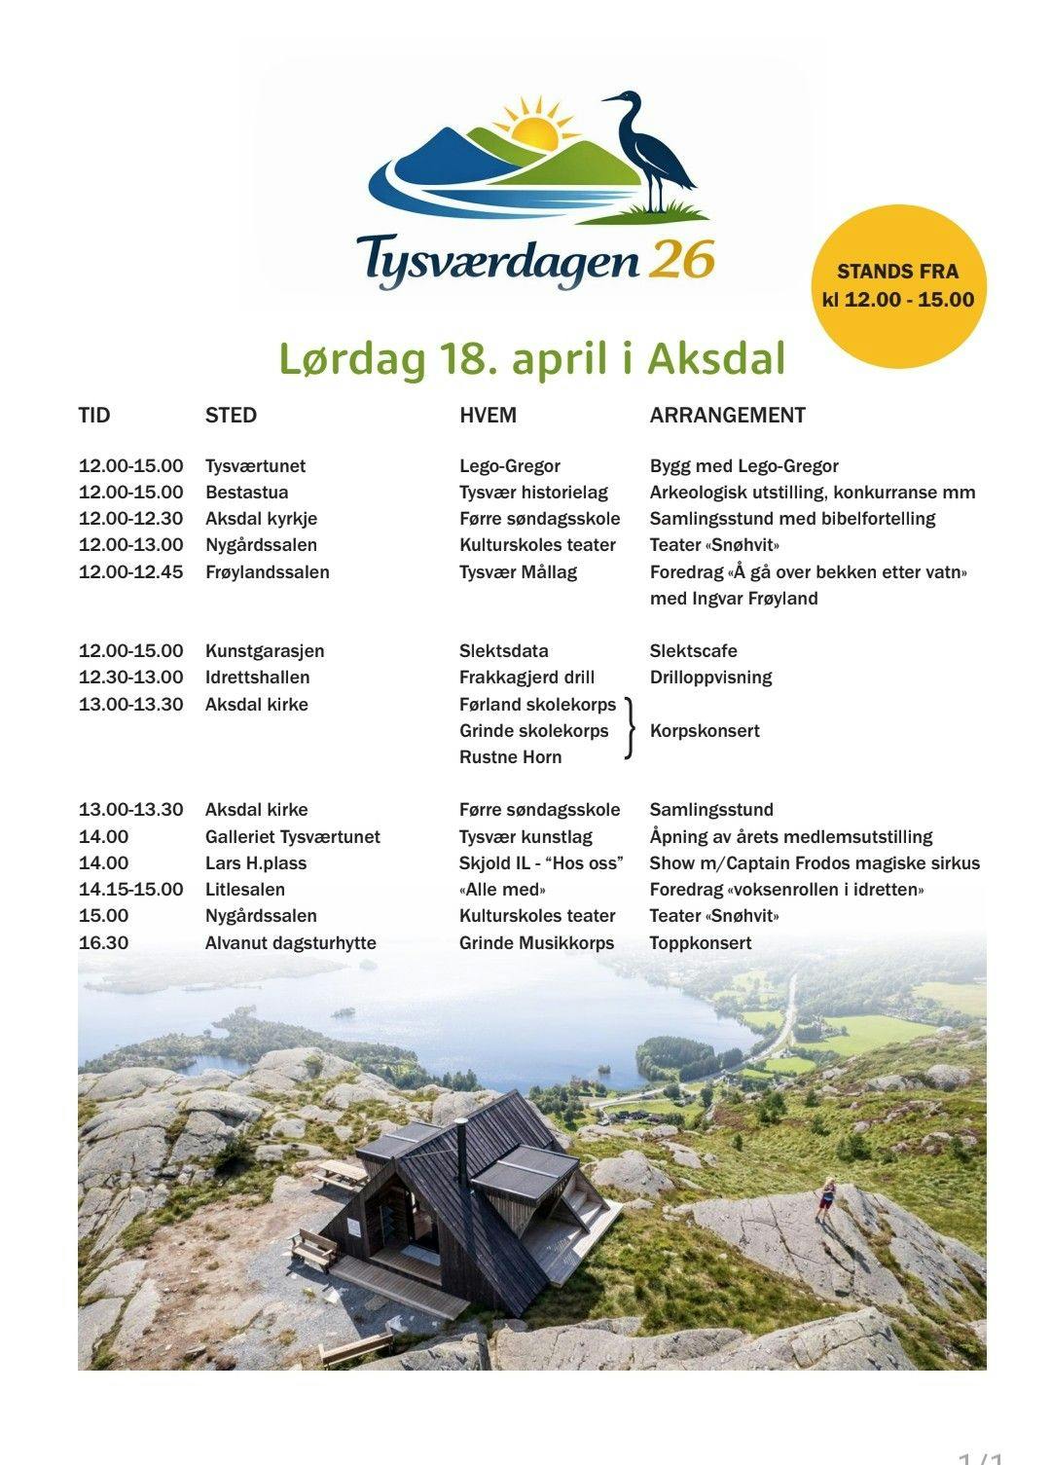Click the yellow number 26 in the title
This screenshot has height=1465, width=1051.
pos(683,260)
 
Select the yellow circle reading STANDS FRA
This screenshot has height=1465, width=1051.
pos(898,286)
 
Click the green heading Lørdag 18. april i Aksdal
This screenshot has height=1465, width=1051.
pos(531,359)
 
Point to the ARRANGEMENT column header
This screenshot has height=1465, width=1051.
pos(727,416)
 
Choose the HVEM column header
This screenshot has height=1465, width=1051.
pos(488,416)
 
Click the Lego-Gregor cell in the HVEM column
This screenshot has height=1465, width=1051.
pos(509,466)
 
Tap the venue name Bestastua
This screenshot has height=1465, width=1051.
pos(246,493)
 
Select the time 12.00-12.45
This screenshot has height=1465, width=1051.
pos(130,572)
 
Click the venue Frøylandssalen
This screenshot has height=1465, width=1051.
pos(267,572)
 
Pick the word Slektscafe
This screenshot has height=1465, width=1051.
pos(693,651)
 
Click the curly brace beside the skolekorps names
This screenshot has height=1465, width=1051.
pos(630,728)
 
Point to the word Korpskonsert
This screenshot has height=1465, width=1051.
pos(705,731)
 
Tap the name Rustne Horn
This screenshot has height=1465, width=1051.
pos(510,757)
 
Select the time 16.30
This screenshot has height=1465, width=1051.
pos(103,943)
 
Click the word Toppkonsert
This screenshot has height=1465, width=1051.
pos(701,943)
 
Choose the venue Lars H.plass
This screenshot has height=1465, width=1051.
pos(255,863)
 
